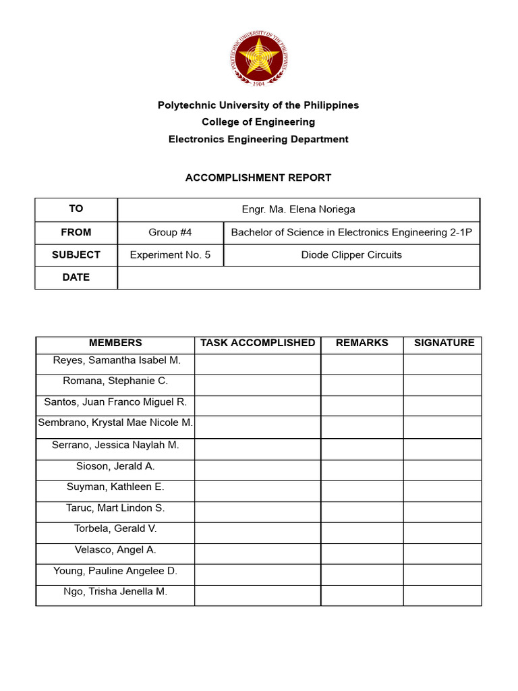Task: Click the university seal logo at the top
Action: click(259, 57)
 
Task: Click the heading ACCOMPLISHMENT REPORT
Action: click(258, 178)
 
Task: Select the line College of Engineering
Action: click(258, 122)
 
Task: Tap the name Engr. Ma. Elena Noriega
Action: click(298, 209)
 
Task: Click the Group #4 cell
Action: click(170, 232)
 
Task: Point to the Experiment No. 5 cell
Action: click(170, 255)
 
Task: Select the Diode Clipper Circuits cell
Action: click(351, 255)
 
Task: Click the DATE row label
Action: click(76, 277)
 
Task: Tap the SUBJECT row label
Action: click(76, 255)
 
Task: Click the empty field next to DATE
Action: click(298, 277)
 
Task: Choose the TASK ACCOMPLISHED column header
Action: click(258, 343)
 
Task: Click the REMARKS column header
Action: click(362, 343)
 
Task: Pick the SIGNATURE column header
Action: click(444, 343)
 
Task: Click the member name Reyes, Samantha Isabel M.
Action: click(115, 361)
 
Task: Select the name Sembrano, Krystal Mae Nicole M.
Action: click(115, 423)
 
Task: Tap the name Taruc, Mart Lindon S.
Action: click(115, 508)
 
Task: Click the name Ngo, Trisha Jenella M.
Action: click(115, 592)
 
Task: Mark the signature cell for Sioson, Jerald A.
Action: click(442, 470)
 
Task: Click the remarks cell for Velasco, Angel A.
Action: click(362, 554)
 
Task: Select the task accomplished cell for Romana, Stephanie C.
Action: click(258, 385)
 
